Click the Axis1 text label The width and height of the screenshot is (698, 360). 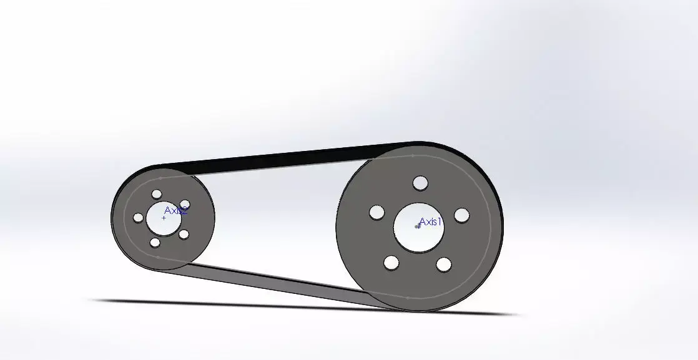point(431,221)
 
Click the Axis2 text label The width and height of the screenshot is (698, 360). point(176,211)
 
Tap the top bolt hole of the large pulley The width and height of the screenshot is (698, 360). point(420,183)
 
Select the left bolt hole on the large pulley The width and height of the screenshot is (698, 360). point(376,213)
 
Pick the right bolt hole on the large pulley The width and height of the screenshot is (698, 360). point(461,215)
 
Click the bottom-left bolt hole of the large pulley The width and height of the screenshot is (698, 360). point(391,263)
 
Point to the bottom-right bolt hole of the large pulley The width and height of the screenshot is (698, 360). point(444,265)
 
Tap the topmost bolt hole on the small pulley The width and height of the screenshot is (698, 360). point(157,194)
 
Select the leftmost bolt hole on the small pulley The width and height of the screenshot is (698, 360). point(138,217)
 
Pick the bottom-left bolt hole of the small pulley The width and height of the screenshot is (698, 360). point(154,242)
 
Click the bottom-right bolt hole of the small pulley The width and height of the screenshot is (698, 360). point(184,235)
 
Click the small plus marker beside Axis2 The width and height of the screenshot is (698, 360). point(164,218)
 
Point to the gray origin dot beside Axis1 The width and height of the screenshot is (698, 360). point(418,226)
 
